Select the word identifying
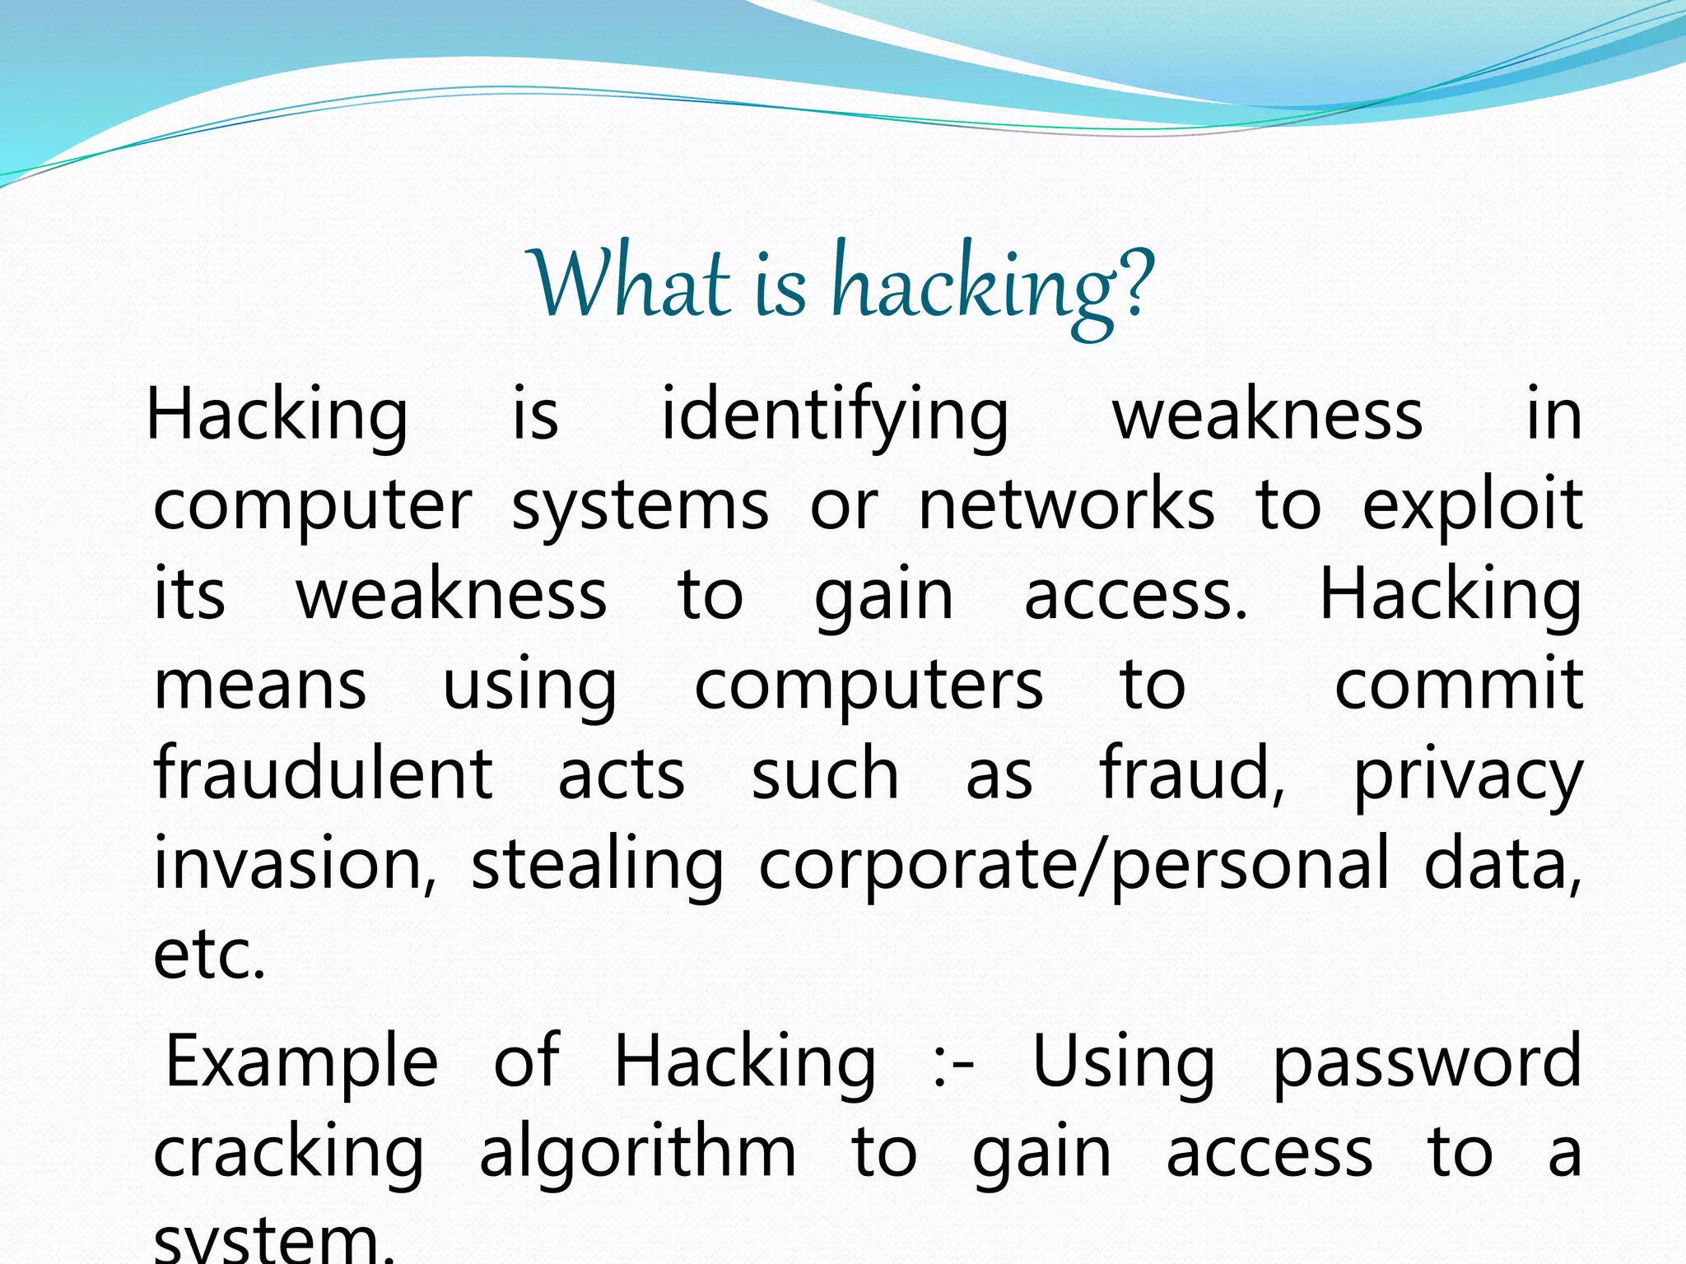tap(835, 416)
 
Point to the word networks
tap(1066, 504)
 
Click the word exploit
tap(1472, 504)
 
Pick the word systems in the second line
tap(640, 506)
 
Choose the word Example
tap(301, 1062)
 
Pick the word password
tap(1427, 1062)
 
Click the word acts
tap(622, 775)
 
